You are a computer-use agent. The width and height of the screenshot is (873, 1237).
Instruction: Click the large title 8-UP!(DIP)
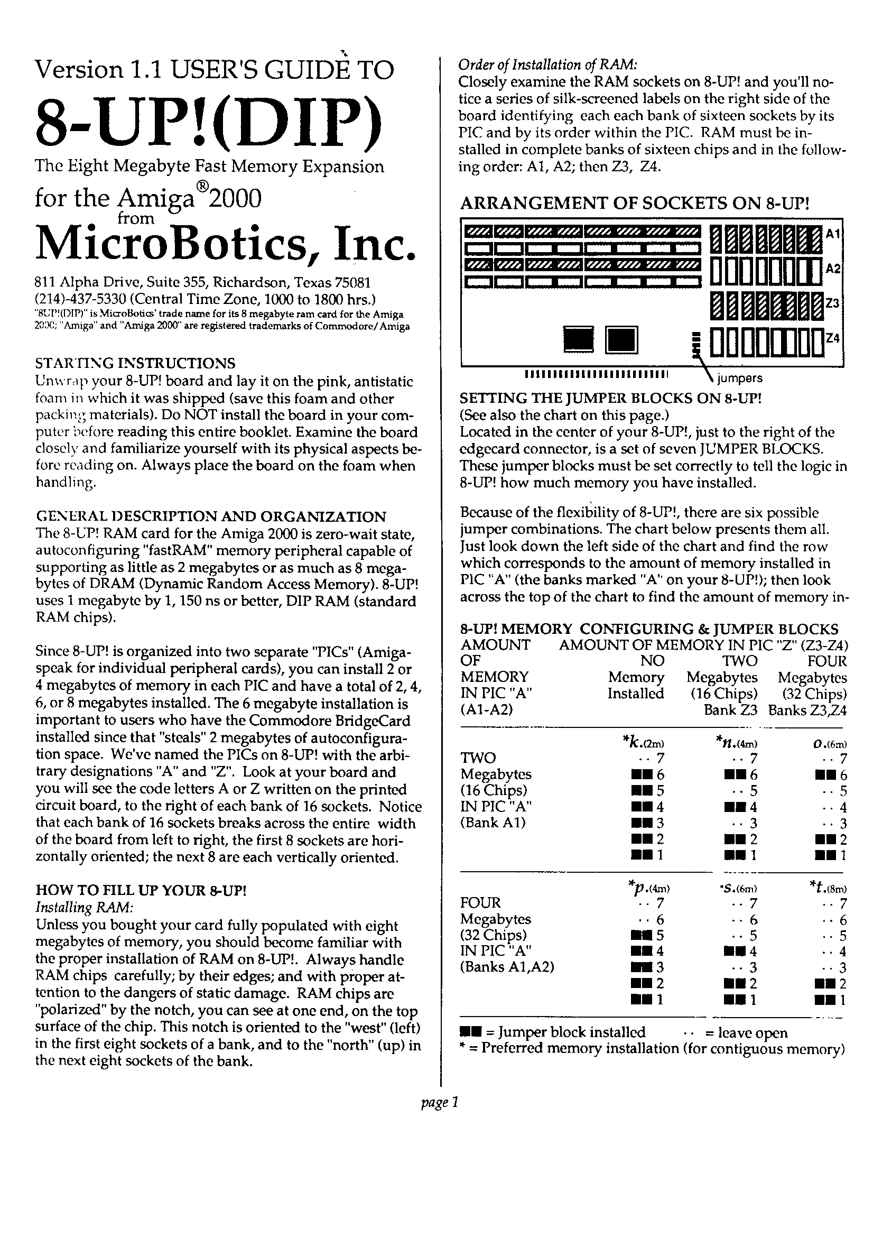click(x=208, y=125)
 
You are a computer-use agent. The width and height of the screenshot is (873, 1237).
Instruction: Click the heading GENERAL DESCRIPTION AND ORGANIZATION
click(x=210, y=516)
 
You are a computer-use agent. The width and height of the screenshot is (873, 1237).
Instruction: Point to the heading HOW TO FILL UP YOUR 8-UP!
click(x=141, y=890)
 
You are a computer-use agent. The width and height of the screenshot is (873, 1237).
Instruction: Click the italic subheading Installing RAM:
click(x=84, y=907)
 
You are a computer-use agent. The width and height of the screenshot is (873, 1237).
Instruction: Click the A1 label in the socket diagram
click(x=833, y=234)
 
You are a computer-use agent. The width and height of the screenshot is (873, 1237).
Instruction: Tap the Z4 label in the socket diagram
click(x=833, y=338)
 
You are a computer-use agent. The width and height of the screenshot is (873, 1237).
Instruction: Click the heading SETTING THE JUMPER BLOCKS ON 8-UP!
click(x=611, y=398)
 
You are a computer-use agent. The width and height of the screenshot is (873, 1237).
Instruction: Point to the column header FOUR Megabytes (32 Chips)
click(x=812, y=677)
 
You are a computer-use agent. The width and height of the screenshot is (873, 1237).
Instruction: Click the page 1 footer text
click(x=439, y=1103)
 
